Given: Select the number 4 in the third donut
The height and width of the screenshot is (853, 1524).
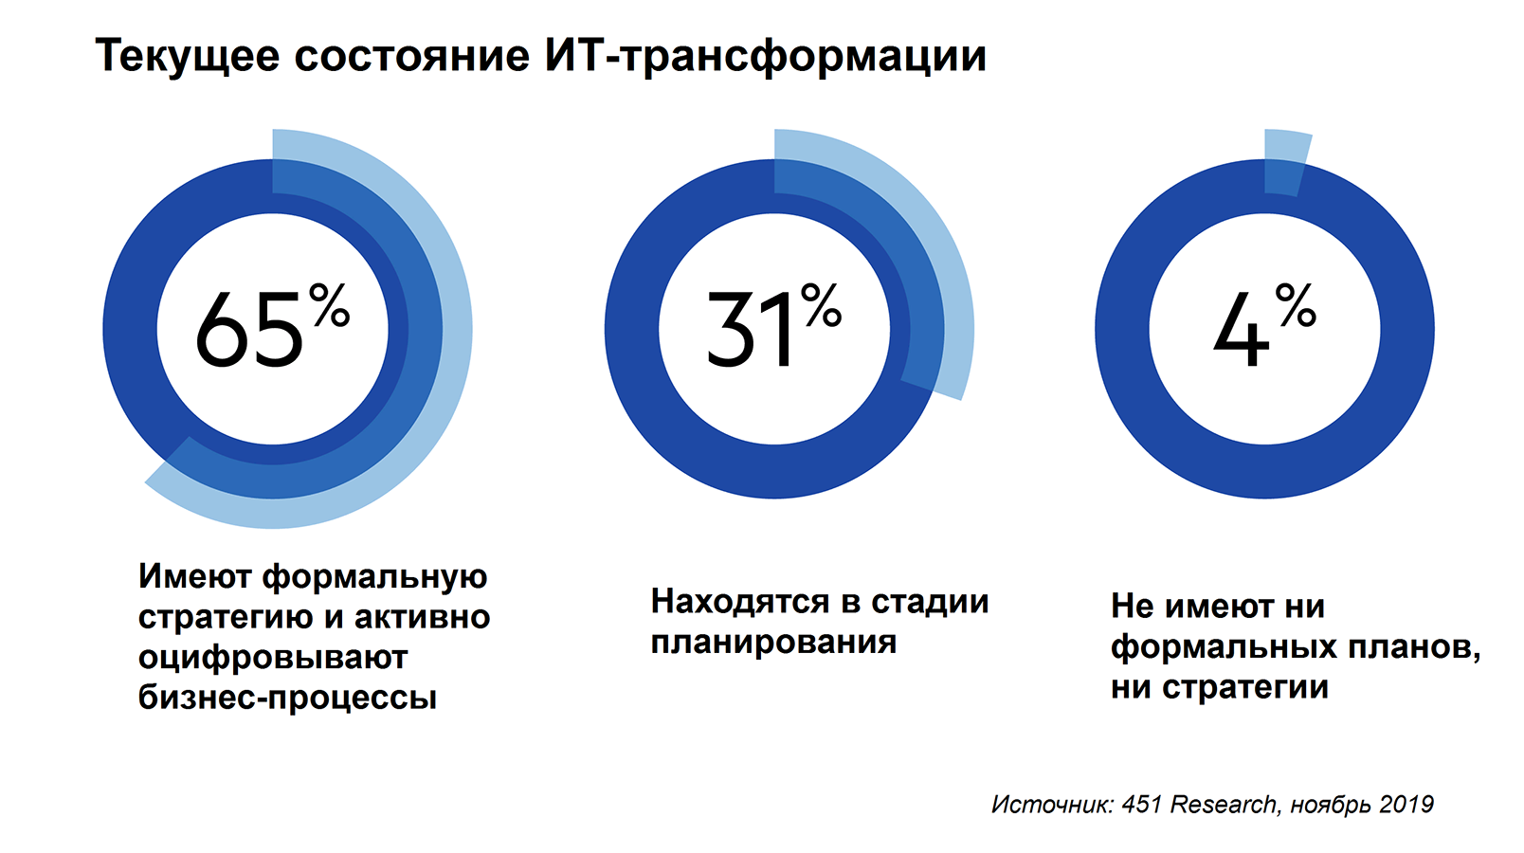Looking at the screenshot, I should click(1241, 331).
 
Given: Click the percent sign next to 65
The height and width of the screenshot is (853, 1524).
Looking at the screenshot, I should click(330, 305).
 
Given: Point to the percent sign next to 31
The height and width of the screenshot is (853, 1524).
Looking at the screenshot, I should click(822, 305).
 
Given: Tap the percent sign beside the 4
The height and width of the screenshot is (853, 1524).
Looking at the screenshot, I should click(1296, 305).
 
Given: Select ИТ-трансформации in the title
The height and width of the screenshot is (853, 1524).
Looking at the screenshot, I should click(765, 56).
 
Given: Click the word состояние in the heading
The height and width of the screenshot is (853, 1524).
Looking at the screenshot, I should click(411, 56).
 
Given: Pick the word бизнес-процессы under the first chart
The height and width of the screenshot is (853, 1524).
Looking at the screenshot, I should click(287, 698).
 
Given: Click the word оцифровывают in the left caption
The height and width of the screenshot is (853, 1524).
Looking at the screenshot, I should click(273, 657).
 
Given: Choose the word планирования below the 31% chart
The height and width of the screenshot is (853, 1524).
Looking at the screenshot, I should click(773, 642).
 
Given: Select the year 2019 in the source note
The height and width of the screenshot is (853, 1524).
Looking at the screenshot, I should click(1406, 805).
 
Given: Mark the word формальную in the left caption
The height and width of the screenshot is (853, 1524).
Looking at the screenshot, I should click(374, 576).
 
